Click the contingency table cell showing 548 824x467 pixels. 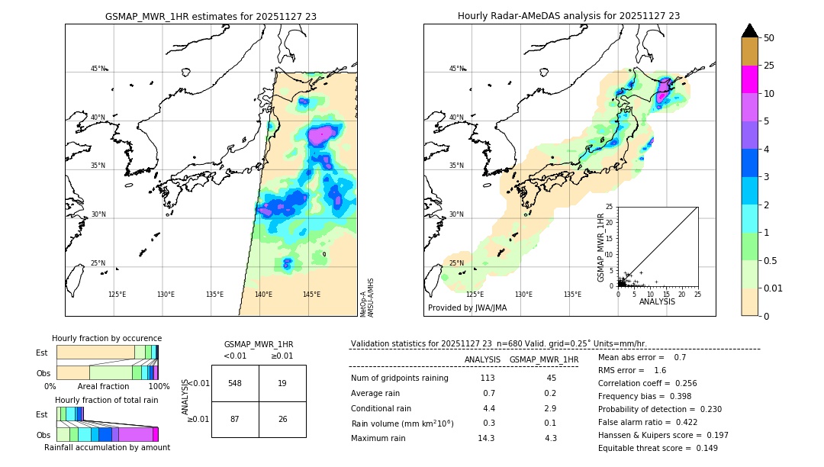tap(235, 383)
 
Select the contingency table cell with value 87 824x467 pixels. tap(235, 420)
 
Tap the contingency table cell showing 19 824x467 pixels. tap(282, 383)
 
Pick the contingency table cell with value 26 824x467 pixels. tap(282, 420)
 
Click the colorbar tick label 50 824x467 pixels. tap(770, 37)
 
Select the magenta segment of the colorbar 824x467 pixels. tap(750, 79)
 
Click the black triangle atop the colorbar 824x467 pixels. tap(750, 31)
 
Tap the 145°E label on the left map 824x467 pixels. tap(311, 295)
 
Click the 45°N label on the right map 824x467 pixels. tap(456, 69)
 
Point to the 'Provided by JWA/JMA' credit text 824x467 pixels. tap(467, 308)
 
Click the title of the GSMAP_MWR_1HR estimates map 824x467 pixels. tap(211, 16)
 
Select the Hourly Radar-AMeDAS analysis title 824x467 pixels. tap(568, 16)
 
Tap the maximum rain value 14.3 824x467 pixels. tap(486, 438)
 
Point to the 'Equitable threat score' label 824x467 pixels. tap(645, 448)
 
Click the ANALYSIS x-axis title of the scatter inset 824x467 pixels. tap(657, 301)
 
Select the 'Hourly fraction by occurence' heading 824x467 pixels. tap(107, 338)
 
